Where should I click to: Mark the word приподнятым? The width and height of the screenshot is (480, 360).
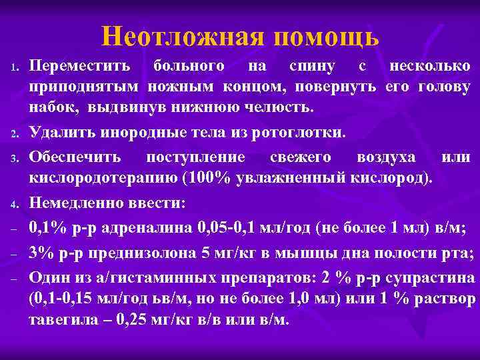click(x=84, y=87)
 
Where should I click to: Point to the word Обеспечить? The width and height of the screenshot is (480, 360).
click(x=75, y=157)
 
